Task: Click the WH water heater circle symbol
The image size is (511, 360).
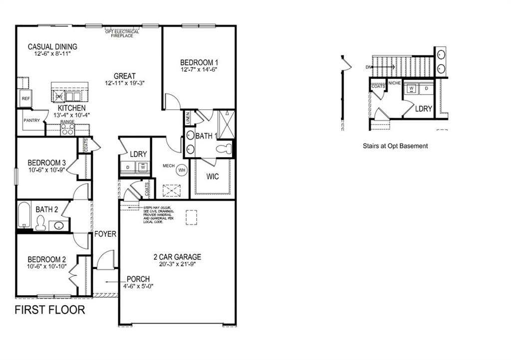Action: [x=182, y=170]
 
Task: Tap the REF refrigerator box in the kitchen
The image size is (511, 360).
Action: [x=25, y=99]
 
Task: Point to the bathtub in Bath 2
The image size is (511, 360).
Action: [x=24, y=215]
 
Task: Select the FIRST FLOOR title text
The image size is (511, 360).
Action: [x=49, y=310]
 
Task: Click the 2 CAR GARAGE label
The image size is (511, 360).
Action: [x=177, y=257]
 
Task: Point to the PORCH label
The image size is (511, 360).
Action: [x=138, y=279]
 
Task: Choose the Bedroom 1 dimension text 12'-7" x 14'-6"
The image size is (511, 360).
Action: [x=200, y=70]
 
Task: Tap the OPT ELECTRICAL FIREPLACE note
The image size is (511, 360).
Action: [x=122, y=33]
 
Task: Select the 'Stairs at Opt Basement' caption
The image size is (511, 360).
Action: [x=395, y=146]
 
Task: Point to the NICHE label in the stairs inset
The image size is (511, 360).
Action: [x=394, y=83]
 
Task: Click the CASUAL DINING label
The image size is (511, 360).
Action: [x=52, y=47]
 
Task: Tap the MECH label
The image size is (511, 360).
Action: [x=168, y=165]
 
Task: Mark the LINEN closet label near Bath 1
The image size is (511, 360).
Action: [x=188, y=118]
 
